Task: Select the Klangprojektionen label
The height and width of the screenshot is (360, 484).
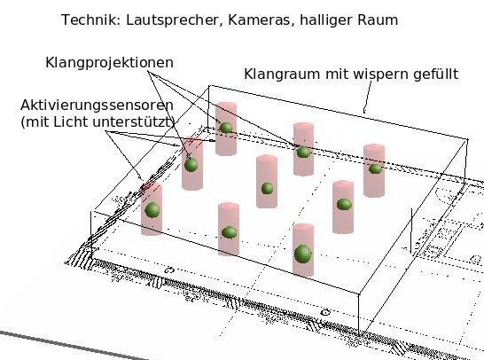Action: pos(110,63)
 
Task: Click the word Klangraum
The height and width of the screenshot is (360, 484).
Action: pos(282,74)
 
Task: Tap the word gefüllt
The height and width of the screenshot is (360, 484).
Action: pos(436,74)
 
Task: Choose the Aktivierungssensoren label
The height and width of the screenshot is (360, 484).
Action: pos(97,106)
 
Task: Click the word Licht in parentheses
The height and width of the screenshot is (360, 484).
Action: pos(71,122)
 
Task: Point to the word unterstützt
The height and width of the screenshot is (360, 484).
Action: pos(132,122)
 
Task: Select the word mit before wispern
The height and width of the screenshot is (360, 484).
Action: pos(336,74)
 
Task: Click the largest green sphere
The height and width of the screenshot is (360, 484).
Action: pos(303,254)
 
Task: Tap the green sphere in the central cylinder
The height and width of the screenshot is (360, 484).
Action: pos(268,188)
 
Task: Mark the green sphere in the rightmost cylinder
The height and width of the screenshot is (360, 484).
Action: pos(375,168)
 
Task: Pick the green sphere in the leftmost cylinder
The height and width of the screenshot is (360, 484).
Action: pos(152,210)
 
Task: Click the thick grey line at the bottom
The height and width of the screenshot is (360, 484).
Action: pos(74,346)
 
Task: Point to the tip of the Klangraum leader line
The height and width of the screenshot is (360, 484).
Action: pos(364,113)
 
